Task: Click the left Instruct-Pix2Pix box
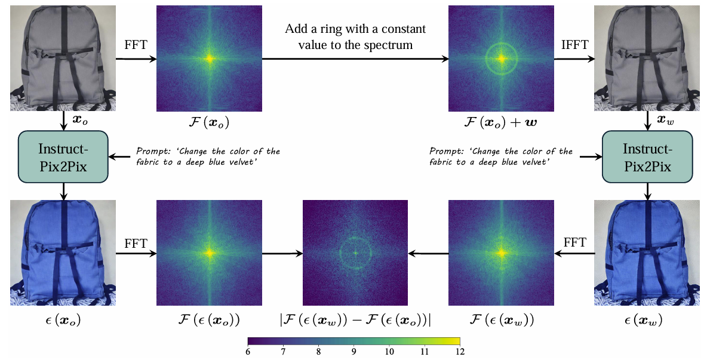[63, 157]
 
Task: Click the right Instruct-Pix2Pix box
[647, 157]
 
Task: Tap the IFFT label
[574, 45]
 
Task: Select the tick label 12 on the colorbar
[459, 353]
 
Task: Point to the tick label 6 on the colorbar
[248, 353]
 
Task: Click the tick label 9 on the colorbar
[353, 353]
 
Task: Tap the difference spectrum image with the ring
[355, 253]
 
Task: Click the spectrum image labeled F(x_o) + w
[501, 58]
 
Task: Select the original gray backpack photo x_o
[63, 58]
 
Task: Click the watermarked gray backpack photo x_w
[647, 58]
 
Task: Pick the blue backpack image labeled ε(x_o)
[63, 253]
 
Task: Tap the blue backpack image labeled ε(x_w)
[647, 253]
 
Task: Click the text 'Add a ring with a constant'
[355, 29]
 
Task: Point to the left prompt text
[208, 156]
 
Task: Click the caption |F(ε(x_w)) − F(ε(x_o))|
[355, 321]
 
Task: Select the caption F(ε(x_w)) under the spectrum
[501, 321]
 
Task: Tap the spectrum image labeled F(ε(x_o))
[208, 253]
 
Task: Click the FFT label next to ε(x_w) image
[574, 242]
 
